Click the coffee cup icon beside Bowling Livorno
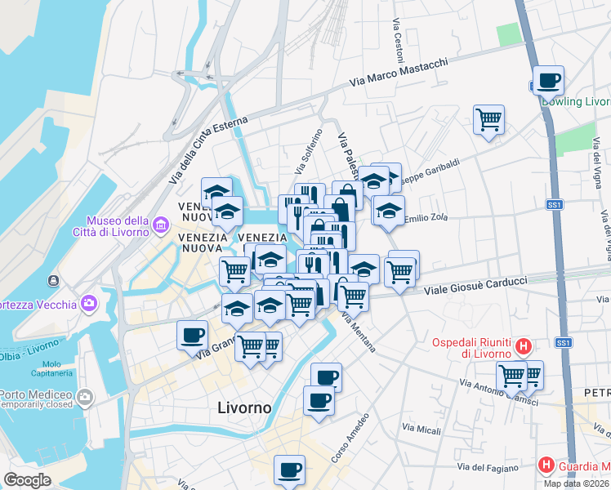click(x=548, y=81)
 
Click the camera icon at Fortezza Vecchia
click(x=88, y=305)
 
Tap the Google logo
click(x=27, y=480)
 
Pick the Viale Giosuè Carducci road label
click(x=474, y=286)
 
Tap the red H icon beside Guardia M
click(x=546, y=465)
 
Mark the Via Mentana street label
click(x=359, y=332)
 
